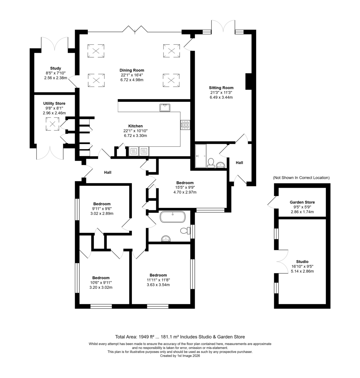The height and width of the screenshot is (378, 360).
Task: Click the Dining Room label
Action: pos(132,70)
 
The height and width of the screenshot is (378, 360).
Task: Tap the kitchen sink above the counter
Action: pos(165,108)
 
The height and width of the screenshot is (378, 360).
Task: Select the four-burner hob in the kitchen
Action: pos(185,125)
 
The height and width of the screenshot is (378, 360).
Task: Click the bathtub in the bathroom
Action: pos(172,217)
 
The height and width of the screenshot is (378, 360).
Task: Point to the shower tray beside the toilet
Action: pos(201,156)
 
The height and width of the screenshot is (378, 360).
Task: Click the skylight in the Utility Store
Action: pos(53,124)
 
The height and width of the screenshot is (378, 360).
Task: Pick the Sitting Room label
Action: pos(221,88)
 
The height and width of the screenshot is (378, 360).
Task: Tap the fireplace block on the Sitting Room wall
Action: pos(249,81)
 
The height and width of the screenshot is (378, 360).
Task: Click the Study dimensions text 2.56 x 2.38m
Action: pos(55,78)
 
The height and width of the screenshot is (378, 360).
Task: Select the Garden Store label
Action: pos(302,202)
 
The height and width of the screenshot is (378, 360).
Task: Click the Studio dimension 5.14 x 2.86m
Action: pos(302,271)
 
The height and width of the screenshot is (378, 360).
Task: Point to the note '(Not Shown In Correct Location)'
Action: pos(301,178)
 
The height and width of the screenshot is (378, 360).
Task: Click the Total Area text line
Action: pos(180,337)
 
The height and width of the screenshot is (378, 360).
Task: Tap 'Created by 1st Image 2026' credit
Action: pos(180,356)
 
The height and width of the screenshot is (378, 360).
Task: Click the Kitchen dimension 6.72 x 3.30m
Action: pos(135,135)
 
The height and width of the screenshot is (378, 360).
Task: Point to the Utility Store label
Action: pos(54,103)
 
